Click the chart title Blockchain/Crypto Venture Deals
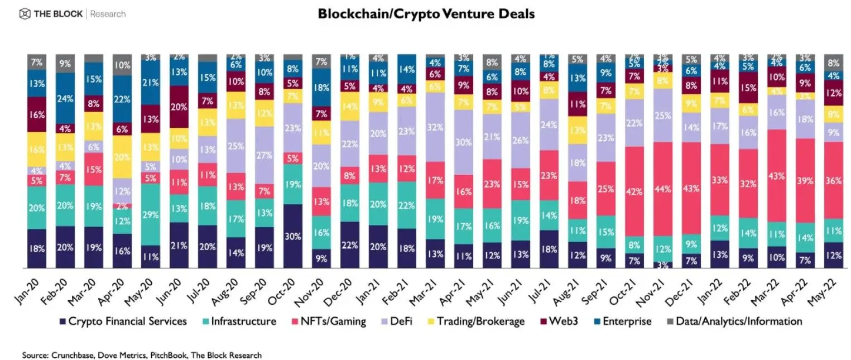pos(426,14)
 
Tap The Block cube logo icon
pos(25,14)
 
